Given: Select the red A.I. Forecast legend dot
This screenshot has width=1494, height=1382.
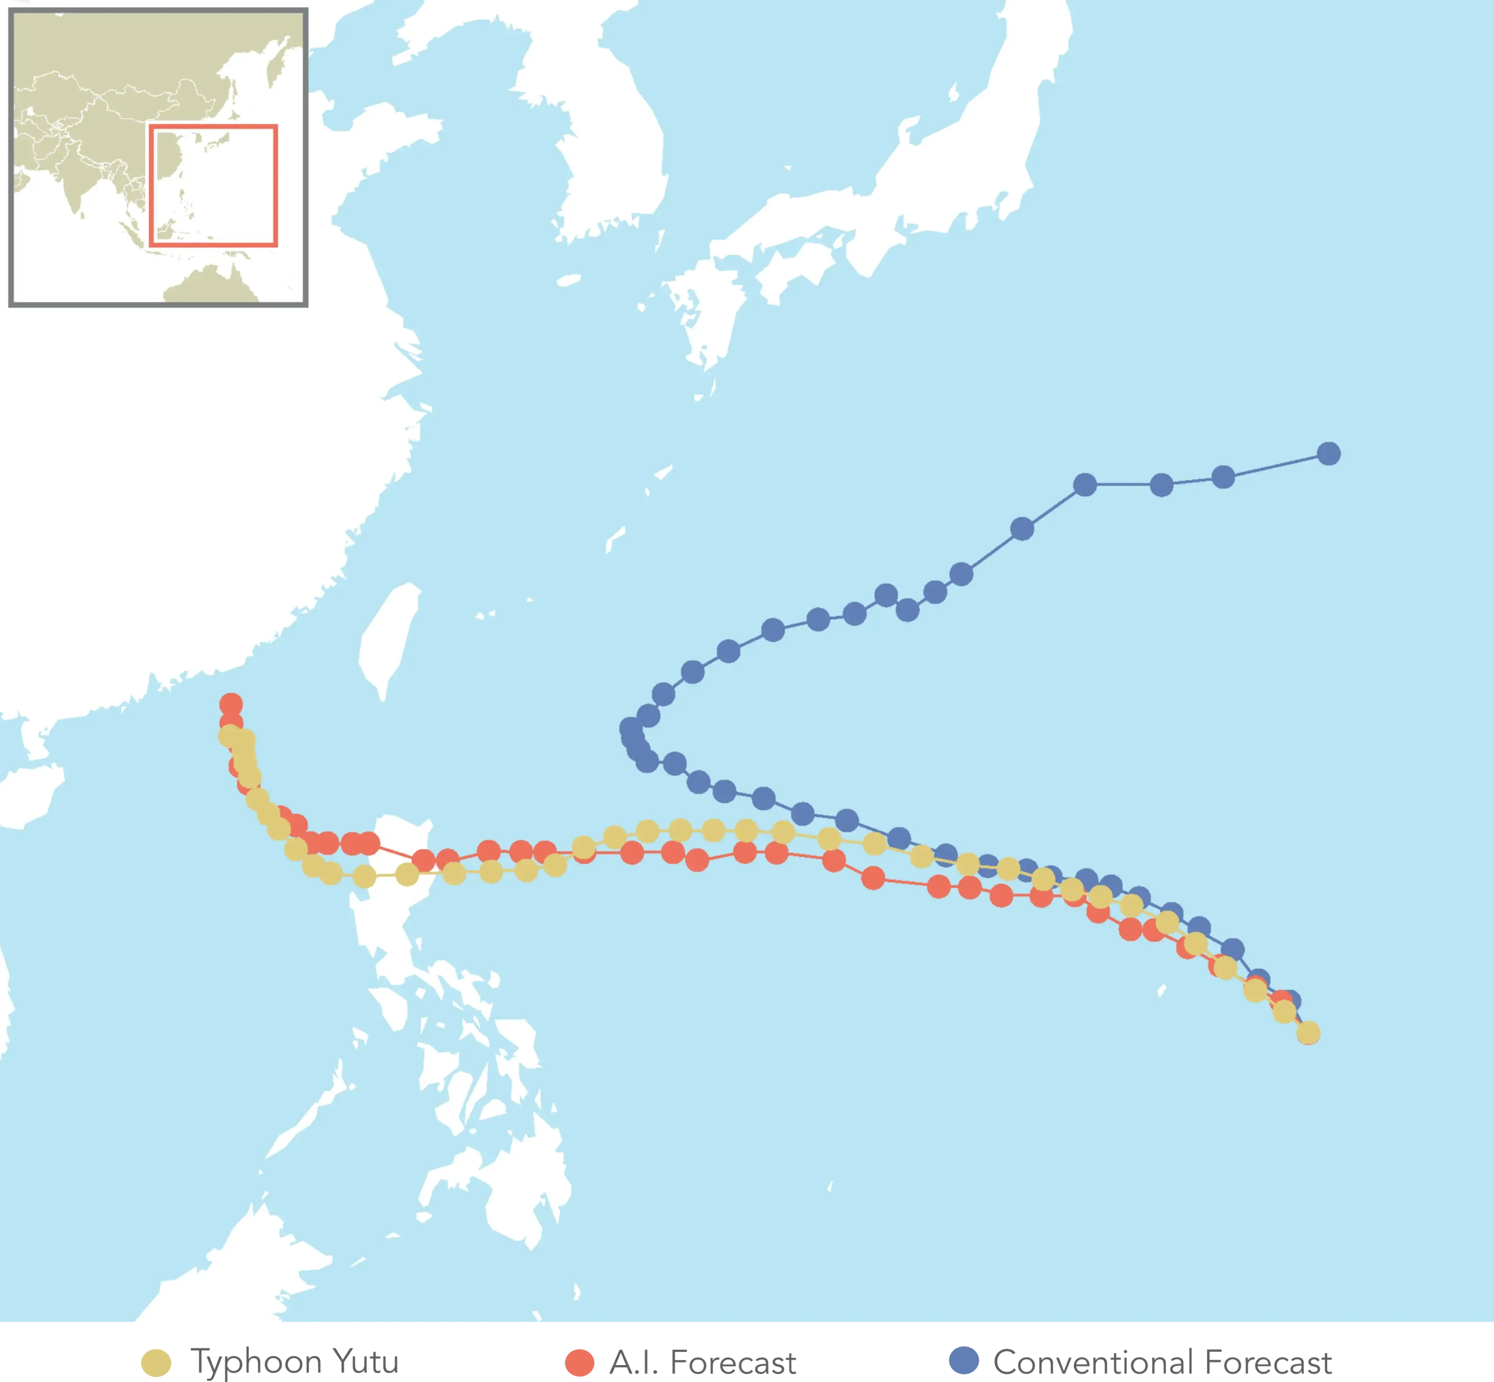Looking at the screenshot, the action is coord(580,1362).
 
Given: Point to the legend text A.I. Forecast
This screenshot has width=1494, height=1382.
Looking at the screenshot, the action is coord(703,1362).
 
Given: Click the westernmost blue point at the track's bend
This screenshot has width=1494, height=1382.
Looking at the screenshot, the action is coord(631,728).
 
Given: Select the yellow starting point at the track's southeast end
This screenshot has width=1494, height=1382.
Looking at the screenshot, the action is coord(1308,1033).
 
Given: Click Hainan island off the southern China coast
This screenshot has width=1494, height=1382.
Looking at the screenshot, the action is coord(30,796).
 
